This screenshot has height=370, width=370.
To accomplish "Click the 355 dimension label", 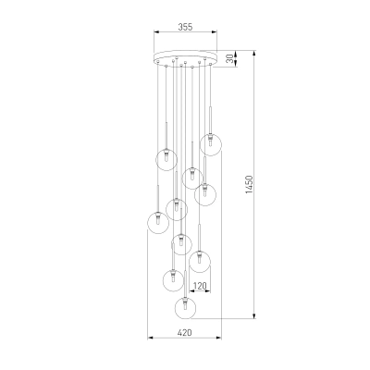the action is pyautogui.click(x=185, y=27).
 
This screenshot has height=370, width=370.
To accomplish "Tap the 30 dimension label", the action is pyautogui.click(x=229, y=58).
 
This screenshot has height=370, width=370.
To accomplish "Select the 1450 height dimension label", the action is pyautogui.click(x=249, y=185).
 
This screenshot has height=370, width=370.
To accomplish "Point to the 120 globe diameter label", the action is pyautogui.click(x=200, y=286).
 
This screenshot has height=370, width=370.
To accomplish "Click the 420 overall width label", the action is pyautogui.click(x=184, y=333).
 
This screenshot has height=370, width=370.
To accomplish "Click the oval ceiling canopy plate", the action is pyautogui.click(x=185, y=58).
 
